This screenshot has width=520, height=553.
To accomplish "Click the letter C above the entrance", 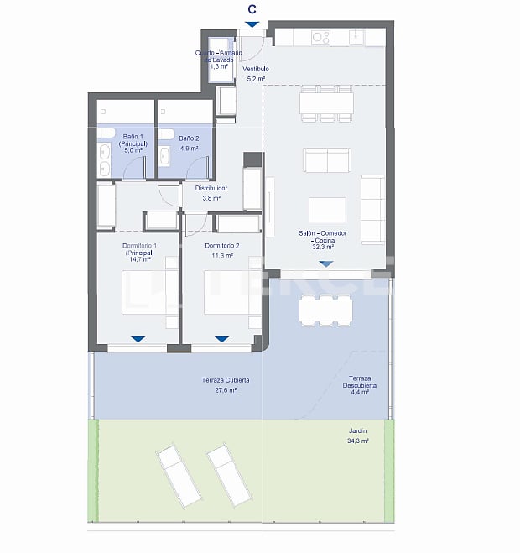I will point(252,9).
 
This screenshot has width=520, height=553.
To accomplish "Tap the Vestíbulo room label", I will point(256,74).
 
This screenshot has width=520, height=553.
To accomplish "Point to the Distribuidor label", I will point(211,193).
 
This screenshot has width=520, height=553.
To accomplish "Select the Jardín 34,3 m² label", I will point(358,436).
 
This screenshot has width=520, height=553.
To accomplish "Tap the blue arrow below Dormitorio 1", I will point(138,339).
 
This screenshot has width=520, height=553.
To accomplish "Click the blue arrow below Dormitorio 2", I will point(221,339).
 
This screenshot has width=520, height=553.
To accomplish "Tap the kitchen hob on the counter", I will point(320,37).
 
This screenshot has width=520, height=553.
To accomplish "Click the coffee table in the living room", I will point(327,208).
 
